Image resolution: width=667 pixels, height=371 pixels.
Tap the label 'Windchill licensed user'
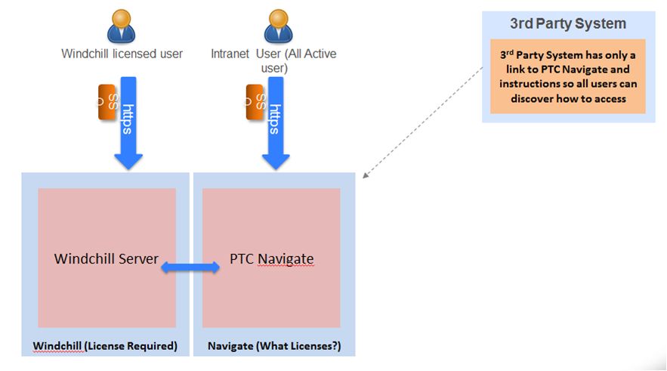(122, 54)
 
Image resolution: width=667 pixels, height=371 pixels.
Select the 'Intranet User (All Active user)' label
(273, 60)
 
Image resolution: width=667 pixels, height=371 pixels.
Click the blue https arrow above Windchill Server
(128, 121)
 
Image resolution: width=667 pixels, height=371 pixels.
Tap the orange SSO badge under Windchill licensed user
(107, 102)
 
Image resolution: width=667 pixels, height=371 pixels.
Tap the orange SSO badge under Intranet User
(256, 102)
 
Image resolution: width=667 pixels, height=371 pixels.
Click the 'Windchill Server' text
(107, 259)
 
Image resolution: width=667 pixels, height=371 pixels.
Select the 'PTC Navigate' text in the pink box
(271, 259)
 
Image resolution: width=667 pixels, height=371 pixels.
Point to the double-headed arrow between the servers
(190, 267)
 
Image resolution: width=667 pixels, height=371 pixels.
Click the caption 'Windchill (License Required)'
(104, 346)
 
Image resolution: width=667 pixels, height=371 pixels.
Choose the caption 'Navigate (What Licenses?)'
(273, 346)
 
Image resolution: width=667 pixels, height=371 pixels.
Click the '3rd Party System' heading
(567, 23)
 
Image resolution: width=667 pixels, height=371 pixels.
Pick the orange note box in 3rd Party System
(567, 76)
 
